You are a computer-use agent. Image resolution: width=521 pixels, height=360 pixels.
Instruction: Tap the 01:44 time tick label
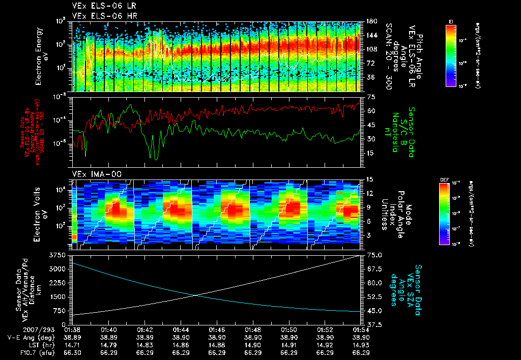coord(182,330)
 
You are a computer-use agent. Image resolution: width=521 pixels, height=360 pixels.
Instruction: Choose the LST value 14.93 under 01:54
coord(361,344)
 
